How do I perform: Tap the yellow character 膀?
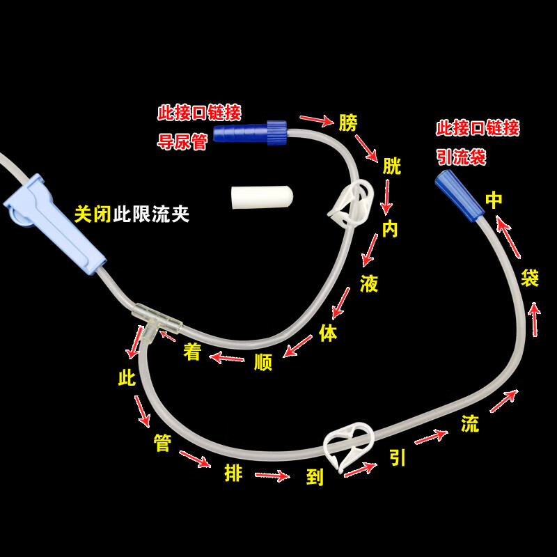(348, 123)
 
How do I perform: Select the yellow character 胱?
(392, 166)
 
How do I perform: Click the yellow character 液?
(369, 283)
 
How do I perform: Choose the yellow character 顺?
(262, 362)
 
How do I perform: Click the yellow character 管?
(162, 443)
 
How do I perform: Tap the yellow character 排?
(233, 473)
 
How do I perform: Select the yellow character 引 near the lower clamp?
(398, 457)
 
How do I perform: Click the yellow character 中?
(494, 201)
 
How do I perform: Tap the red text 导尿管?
(183, 142)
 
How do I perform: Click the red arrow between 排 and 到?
(272, 476)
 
